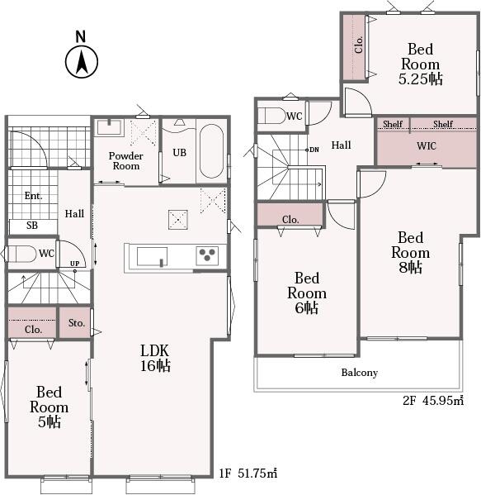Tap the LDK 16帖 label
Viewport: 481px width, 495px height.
(x=155, y=358)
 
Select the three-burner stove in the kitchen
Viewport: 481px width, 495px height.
(x=207, y=255)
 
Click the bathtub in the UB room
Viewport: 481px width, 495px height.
(x=211, y=151)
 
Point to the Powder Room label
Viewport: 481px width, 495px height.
(x=125, y=160)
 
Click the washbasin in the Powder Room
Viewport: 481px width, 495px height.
(x=109, y=127)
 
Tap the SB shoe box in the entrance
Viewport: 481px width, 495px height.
(x=33, y=226)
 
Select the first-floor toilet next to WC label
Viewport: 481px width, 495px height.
(x=21, y=254)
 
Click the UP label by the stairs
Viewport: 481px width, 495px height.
(x=75, y=264)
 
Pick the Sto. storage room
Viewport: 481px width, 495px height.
(x=75, y=322)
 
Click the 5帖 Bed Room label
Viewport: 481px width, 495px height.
(x=49, y=407)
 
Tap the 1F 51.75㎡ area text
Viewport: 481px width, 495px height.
(x=248, y=474)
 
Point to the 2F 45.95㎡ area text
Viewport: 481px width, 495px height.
(x=433, y=401)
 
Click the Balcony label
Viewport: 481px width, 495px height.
(x=360, y=373)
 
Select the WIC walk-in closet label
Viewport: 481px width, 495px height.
(x=427, y=145)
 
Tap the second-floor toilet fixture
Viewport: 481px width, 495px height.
(x=272, y=116)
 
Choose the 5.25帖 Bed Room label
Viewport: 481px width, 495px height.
(x=421, y=64)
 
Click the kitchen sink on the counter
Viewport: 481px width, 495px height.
(x=152, y=257)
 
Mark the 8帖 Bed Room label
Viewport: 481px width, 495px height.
(x=410, y=253)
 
